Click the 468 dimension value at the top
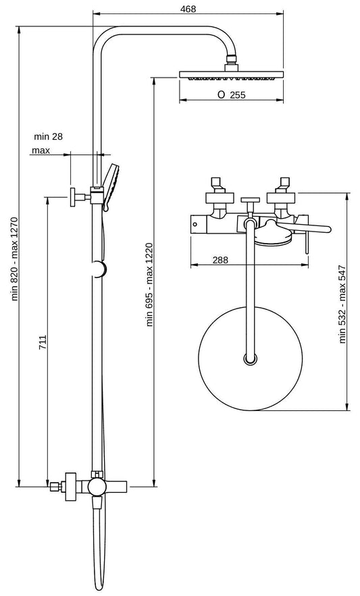(x=188, y=8)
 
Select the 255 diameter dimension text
(x=231, y=95)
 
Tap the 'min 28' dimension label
(x=48, y=137)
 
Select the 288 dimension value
(x=220, y=259)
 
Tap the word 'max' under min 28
(x=41, y=150)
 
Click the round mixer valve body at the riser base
(x=95, y=487)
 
